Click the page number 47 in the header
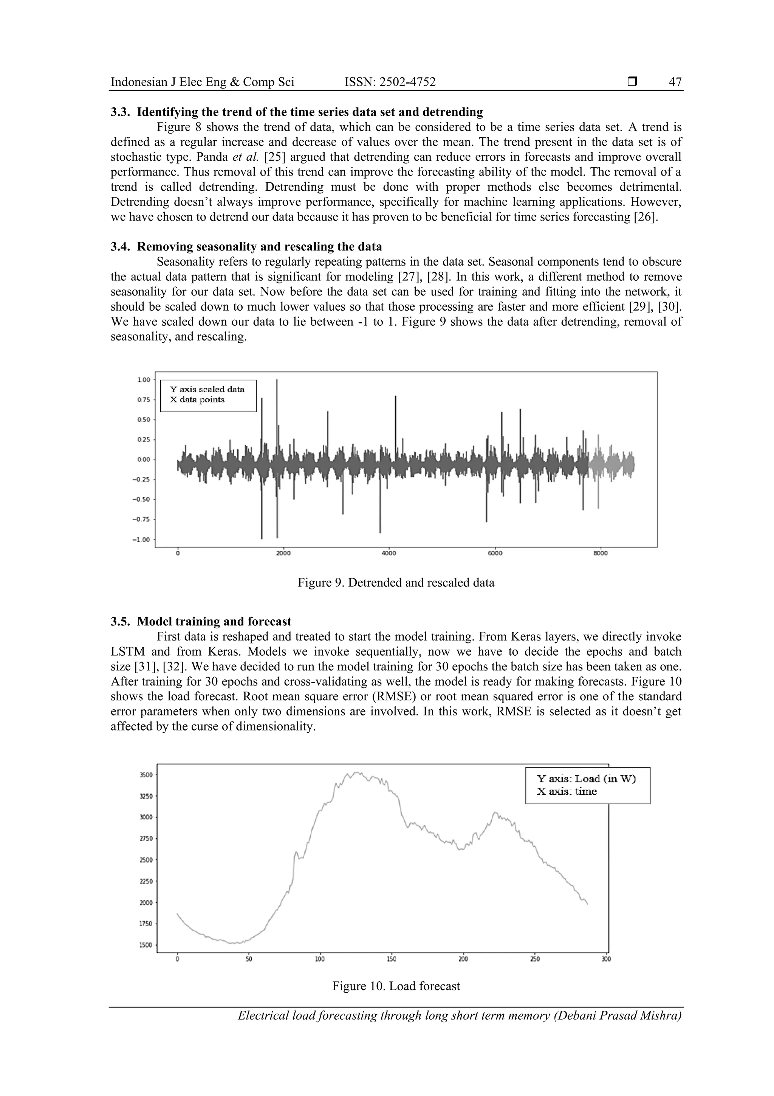coord(675,82)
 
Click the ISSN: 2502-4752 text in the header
coord(390,82)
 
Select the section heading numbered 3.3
coord(297,112)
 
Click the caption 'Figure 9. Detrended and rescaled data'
coord(396,583)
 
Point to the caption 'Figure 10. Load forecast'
coord(396,986)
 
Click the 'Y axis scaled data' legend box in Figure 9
coord(208,395)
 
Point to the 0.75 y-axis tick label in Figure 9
coord(144,400)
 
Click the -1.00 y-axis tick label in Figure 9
coord(142,539)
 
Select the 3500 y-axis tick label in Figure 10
coord(146,775)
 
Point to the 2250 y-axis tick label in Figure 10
coord(146,881)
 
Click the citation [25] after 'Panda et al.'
coord(274,157)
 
